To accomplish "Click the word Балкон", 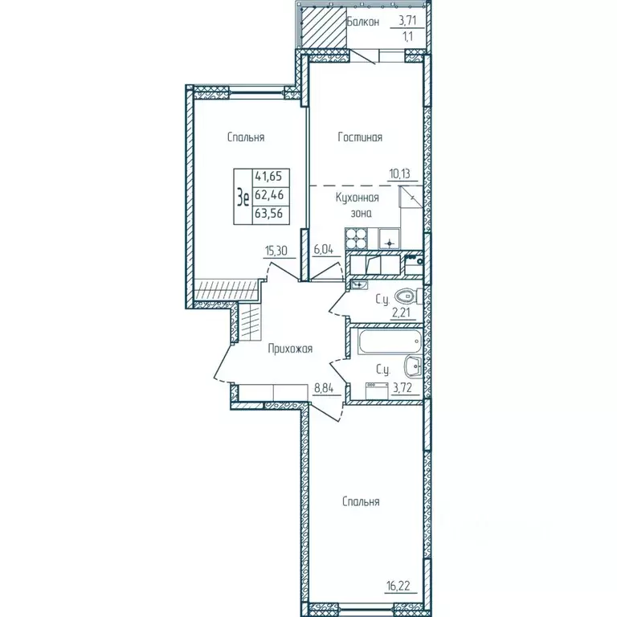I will coord(362,22).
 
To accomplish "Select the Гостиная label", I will coord(359,137).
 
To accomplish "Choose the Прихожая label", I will coord(290,349).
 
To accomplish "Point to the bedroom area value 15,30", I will coord(276,250).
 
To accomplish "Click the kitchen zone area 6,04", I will coord(324,250).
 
